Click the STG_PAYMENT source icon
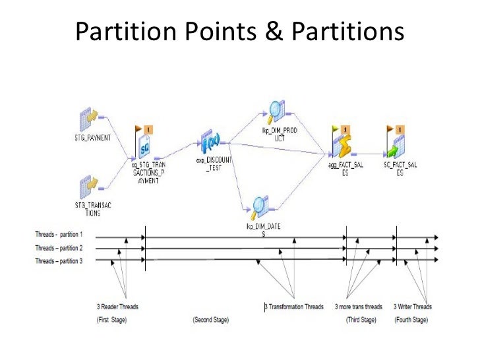(x=90, y=120)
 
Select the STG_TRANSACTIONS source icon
(x=90, y=186)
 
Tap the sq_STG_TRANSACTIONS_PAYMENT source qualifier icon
(x=146, y=143)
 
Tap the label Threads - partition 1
(x=59, y=235)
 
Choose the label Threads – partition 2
(x=59, y=248)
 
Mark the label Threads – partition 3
(x=59, y=260)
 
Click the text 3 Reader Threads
(x=117, y=307)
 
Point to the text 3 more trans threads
(x=358, y=307)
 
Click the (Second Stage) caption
(x=210, y=320)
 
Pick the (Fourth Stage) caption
(x=411, y=320)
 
